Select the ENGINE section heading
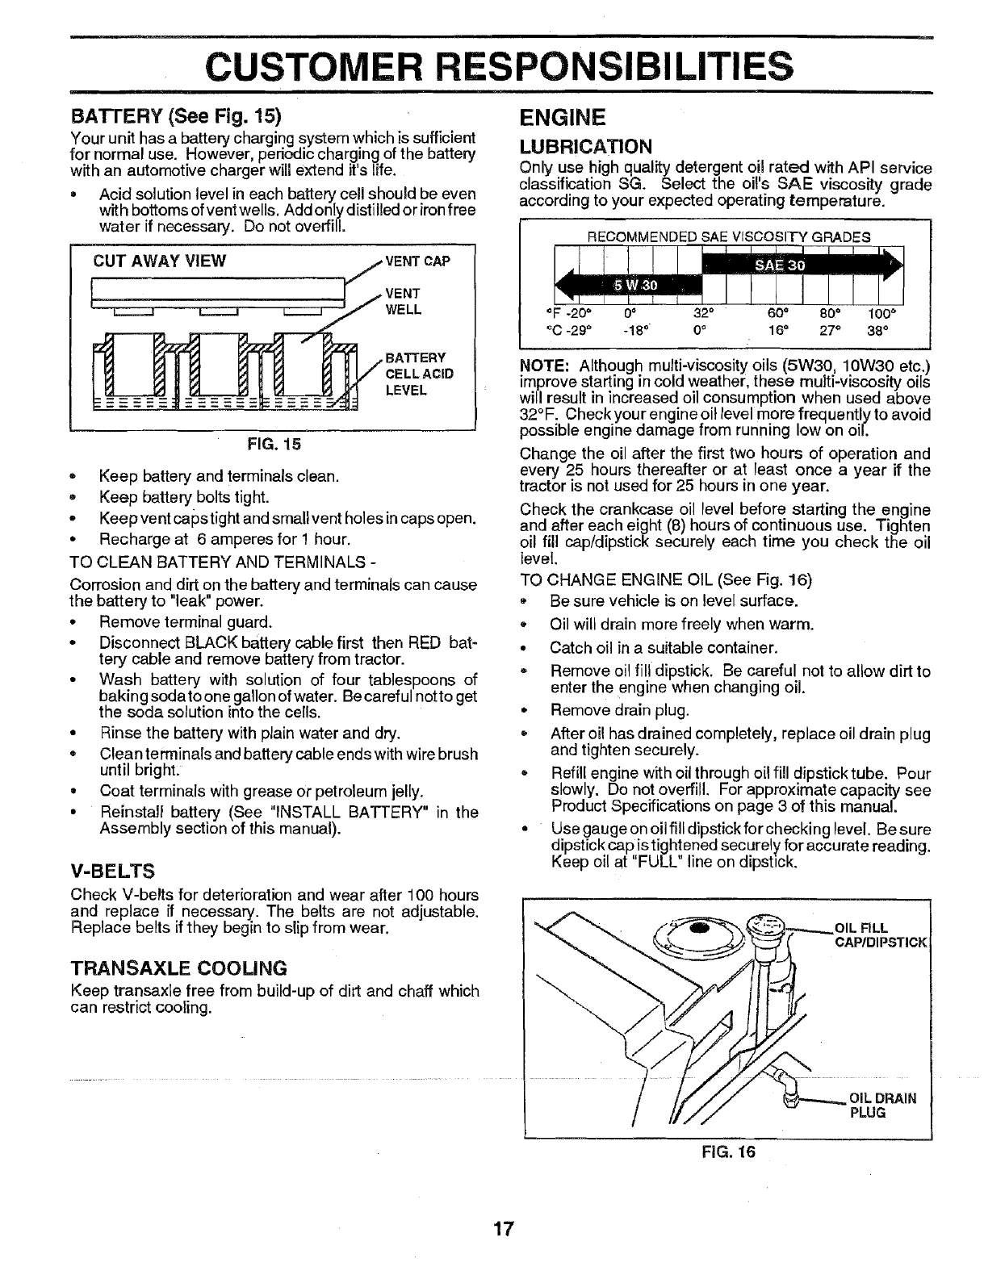562,119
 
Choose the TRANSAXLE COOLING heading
178,968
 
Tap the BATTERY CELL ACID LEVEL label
420,374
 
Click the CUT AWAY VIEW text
160,261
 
